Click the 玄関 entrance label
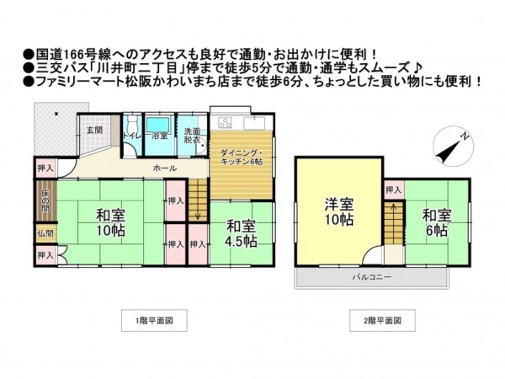pos(93,131)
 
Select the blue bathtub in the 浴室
pos(161,129)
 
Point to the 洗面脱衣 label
pos(192,136)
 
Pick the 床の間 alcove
pos(45,205)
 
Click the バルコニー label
pos(368,277)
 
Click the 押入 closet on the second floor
pos(393,191)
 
